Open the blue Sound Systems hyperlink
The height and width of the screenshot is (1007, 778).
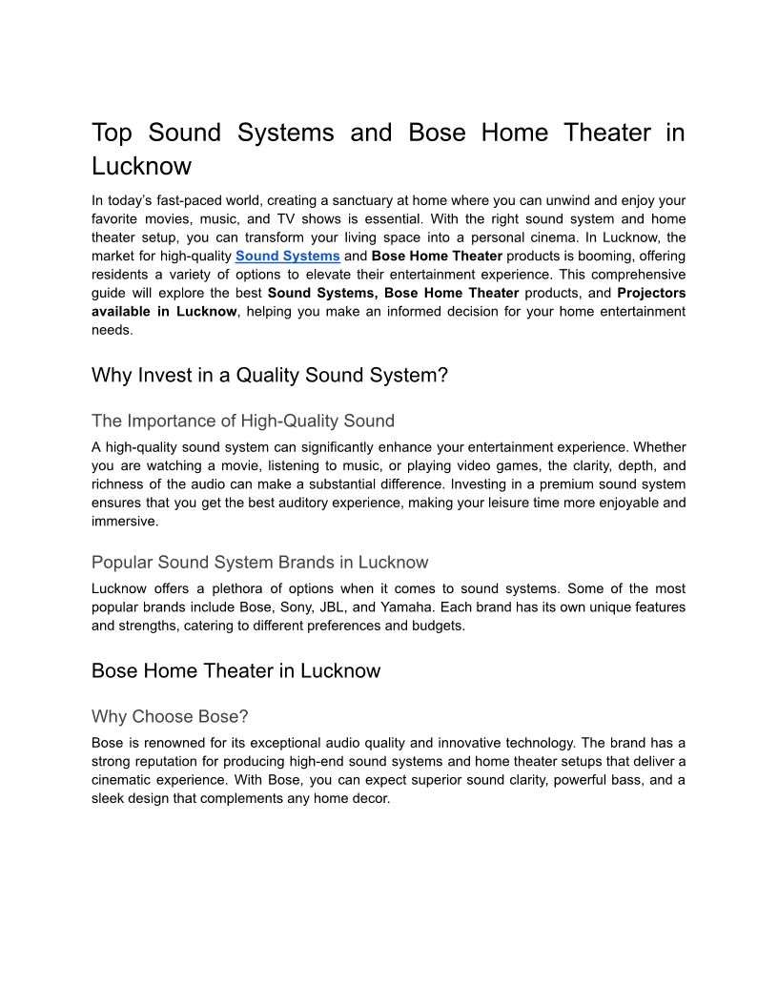point(287,256)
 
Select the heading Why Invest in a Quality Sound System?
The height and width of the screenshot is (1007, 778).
point(269,375)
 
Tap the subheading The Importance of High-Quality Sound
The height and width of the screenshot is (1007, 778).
point(242,421)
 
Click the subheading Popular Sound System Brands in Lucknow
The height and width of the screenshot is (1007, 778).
point(259,562)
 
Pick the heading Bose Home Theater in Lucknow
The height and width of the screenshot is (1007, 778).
point(235,670)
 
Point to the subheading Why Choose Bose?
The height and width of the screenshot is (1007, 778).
point(170,716)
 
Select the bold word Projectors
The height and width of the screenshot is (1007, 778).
point(651,293)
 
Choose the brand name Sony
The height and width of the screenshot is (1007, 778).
point(349,606)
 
